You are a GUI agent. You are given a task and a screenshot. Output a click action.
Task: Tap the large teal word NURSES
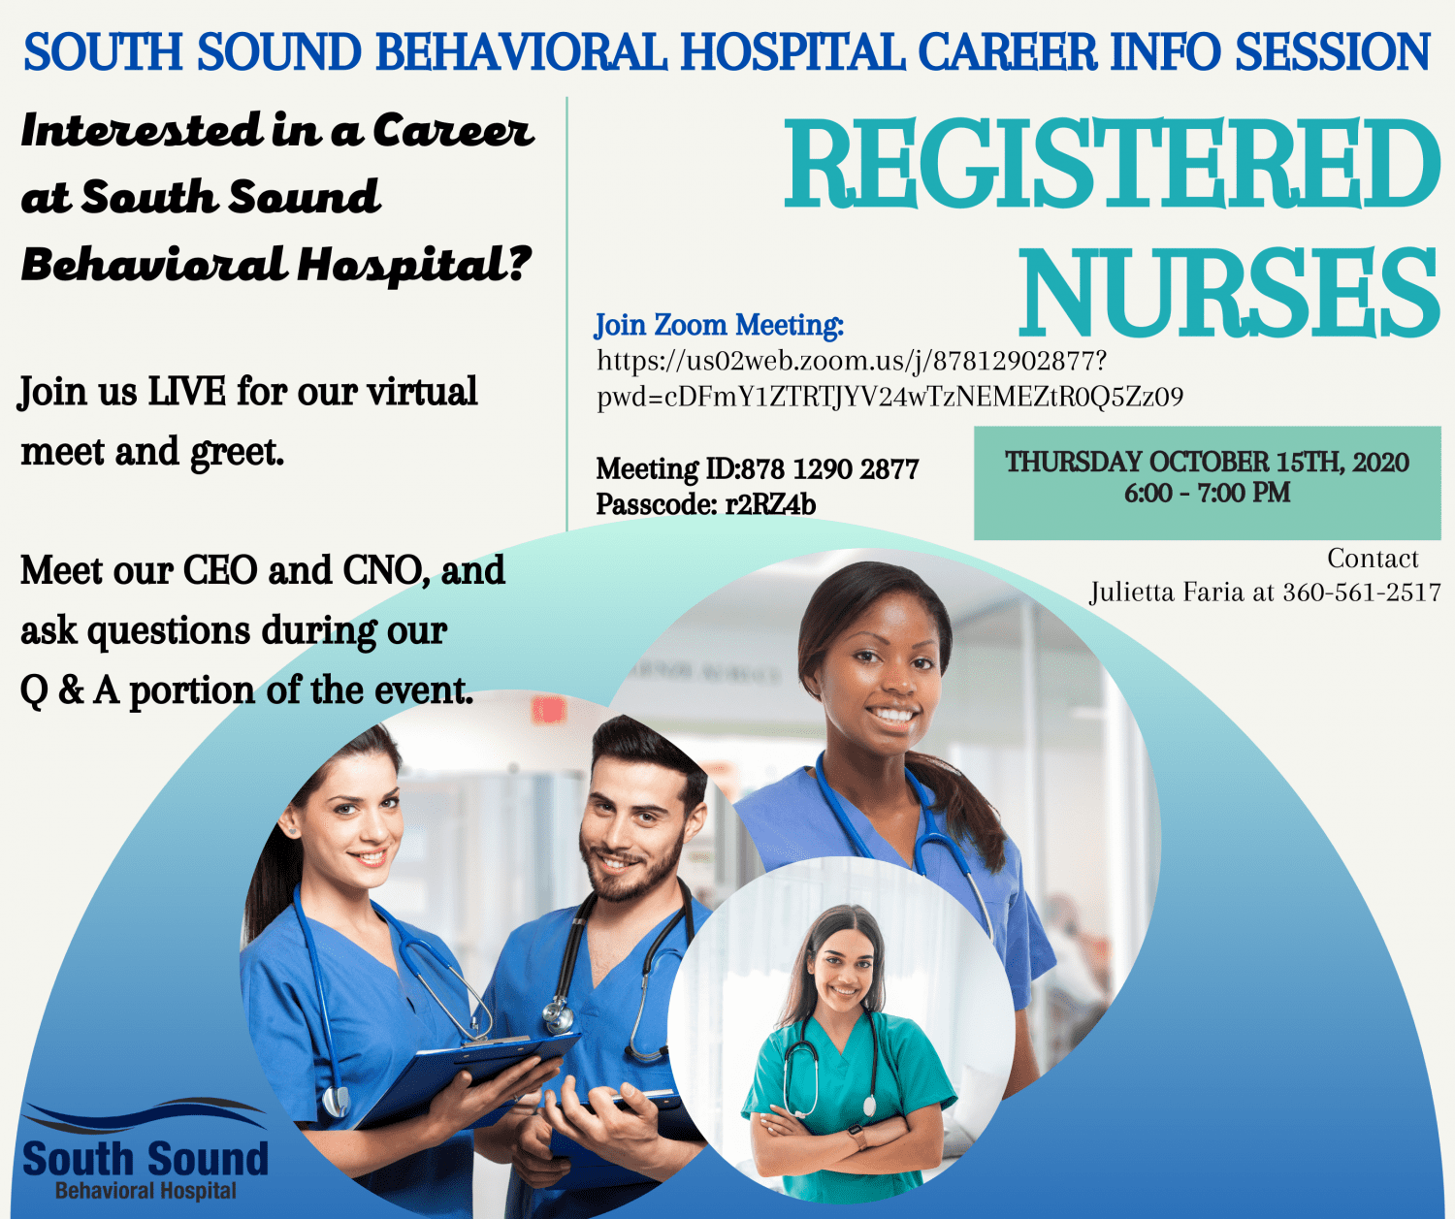point(1229,293)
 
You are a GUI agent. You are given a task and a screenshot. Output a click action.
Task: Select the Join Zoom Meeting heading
point(719,325)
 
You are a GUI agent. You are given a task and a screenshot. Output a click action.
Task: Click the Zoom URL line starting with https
point(853,361)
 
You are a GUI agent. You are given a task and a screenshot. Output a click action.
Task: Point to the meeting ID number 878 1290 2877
point(830,468)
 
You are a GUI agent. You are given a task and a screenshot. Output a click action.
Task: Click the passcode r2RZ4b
point(770,504)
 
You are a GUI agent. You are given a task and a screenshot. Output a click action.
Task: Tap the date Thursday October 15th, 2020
point(1207,462)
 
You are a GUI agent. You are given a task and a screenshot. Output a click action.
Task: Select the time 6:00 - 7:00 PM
point(1207,494)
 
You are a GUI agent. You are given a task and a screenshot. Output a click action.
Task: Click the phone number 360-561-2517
point(1362,593)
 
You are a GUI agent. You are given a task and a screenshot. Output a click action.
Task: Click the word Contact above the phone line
point(1373,559)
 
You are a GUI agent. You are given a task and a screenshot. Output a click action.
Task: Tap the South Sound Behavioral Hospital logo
point(145,1151)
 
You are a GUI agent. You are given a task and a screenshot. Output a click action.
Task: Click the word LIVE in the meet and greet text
point(187,392)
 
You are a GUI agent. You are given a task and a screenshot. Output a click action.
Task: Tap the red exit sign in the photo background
point(548,711)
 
